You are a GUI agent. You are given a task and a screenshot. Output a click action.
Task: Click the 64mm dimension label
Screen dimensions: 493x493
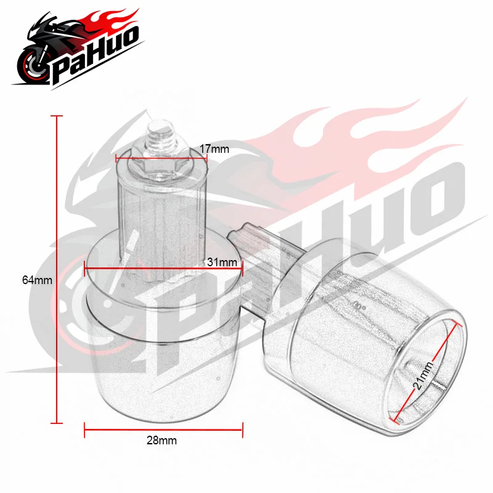pyautogui.click(x=37, y=280)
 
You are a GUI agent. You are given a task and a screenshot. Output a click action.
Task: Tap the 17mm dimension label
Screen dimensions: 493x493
pyautogui.click(x=214, y=149)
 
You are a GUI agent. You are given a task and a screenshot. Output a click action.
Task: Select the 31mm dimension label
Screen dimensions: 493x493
pyautogui.click(x=222, y=263)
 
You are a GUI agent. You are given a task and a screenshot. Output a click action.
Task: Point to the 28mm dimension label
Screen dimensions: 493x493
pyautogui.click(x=161, y=441)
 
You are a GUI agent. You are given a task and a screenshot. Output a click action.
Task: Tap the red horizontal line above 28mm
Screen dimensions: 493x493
pyautogui.click(x=163, y=430)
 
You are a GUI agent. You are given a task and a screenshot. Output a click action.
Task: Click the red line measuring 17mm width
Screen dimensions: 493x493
pyautogui.click(x=161, y=159)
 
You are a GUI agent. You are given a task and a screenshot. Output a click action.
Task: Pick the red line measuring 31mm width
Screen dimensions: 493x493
pyautogui.click(x=163, y=268)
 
